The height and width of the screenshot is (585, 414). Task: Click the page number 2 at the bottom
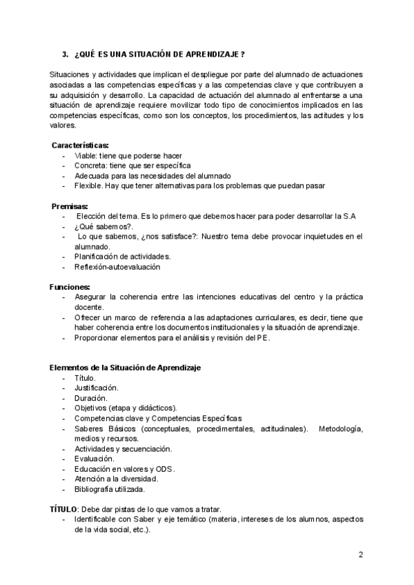tap(361, 555)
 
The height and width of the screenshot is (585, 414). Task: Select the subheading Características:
tap(80, 146)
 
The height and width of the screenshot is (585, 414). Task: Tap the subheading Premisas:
tap(70, 206)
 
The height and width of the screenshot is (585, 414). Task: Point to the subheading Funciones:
tap(70, 286)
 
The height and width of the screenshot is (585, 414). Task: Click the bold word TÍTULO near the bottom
tap(63, 509)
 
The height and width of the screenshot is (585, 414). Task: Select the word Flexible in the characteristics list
tap(90, 186)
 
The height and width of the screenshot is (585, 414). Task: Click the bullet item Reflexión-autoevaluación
tap(117, 266)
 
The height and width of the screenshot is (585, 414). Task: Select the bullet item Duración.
tap(90, 398)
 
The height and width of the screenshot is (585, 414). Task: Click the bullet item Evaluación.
tap(94, 459)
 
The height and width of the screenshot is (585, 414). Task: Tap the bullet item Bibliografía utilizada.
tap(109, 489)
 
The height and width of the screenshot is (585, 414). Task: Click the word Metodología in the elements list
tap(341, 428)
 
